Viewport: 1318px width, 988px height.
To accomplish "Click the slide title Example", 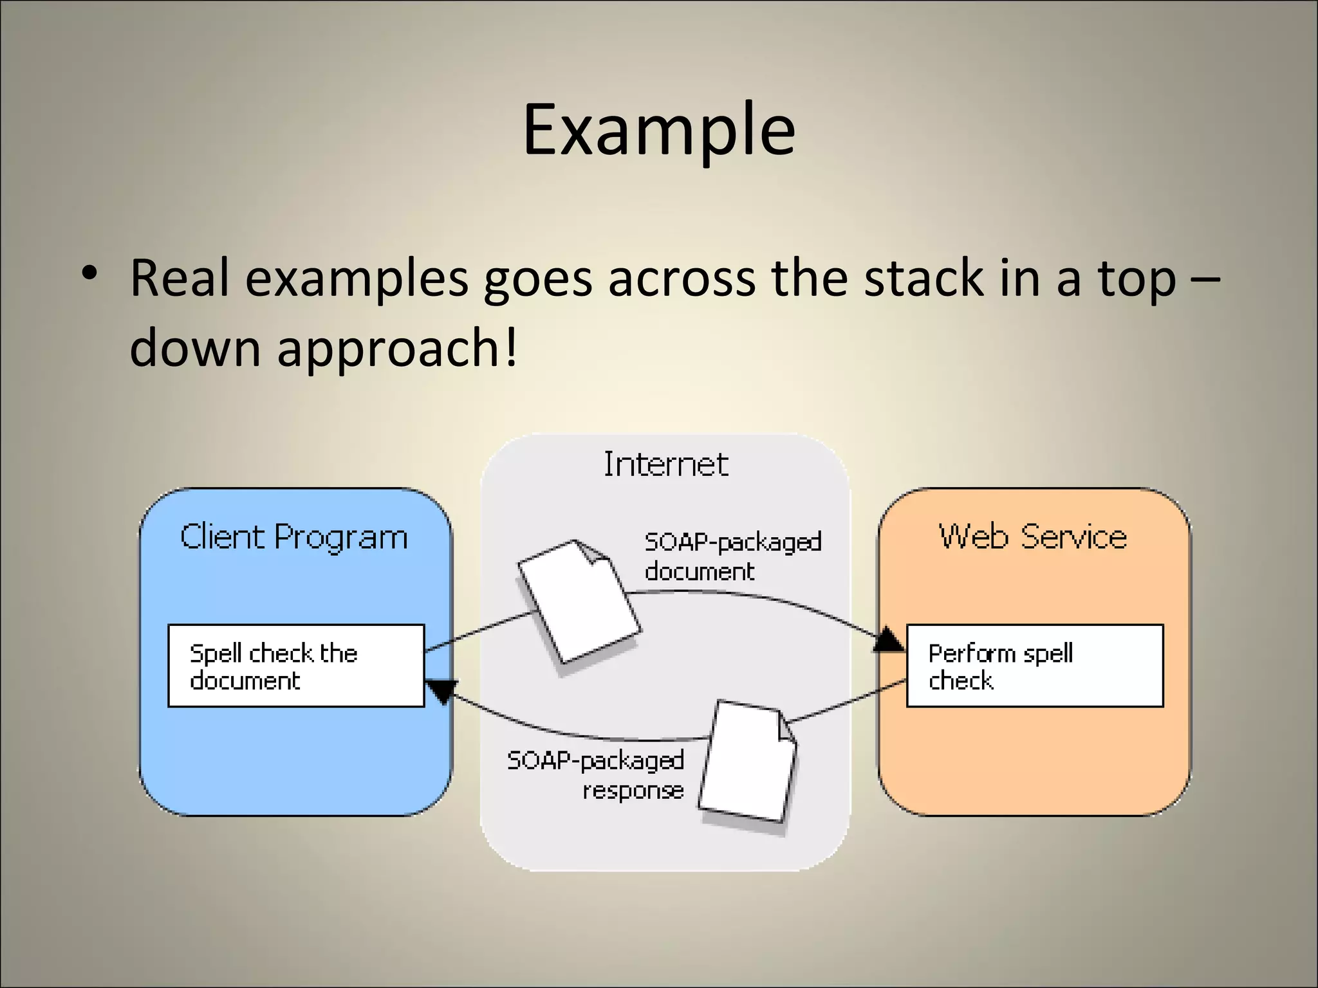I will click(658, 131).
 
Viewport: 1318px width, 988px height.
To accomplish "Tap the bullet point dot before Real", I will click(89, 273).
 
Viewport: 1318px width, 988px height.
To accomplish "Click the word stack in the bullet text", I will click(923, 278).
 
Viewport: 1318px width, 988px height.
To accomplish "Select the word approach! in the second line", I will click(396, 347).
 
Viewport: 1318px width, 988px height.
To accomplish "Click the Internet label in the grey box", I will click(665, 464).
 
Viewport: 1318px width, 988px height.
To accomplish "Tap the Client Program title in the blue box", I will click(293, 537).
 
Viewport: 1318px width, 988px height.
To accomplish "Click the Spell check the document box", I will click(296, 666).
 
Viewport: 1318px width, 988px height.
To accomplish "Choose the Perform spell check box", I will click(1034, 666).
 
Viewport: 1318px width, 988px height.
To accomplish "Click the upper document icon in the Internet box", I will click(579, 601).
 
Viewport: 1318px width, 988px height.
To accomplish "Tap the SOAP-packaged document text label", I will click(732, 556).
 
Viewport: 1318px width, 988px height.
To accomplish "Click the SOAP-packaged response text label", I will click(595, 775).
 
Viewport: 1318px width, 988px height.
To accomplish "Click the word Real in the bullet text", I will click(180, 278).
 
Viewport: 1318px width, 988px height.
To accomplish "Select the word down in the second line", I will click(194, 347).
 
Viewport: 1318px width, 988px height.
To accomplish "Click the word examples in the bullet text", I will click(357, 278).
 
